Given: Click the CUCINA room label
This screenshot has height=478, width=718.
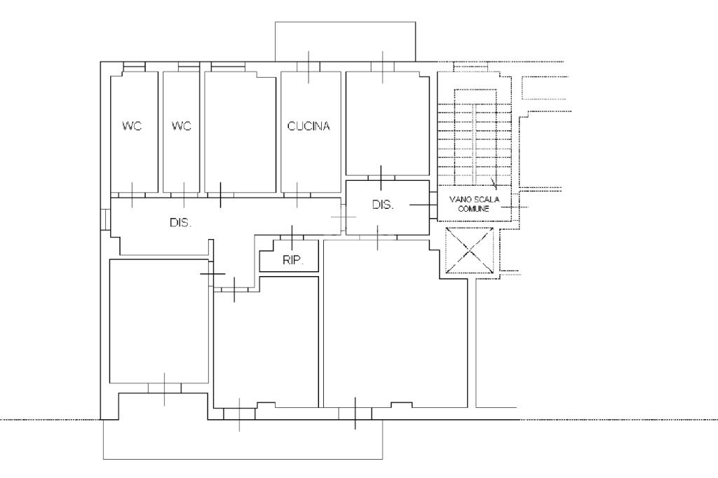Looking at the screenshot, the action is click(309, 126).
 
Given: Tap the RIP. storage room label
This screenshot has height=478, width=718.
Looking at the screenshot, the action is click(293, 261).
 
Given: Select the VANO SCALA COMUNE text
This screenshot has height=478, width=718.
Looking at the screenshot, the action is click(474, 204).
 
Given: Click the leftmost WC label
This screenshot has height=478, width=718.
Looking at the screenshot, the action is click(132, 125).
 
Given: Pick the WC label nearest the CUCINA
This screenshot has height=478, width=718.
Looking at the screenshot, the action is click(182, 125).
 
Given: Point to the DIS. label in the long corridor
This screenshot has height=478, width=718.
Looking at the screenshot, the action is click(180, 223).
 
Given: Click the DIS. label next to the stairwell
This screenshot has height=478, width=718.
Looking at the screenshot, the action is click(383, 205).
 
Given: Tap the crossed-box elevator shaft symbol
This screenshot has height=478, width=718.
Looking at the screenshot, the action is click(470, 250).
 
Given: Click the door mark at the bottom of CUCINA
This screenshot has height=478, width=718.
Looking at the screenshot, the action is click(297, 195).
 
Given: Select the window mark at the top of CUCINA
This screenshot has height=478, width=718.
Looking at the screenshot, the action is click(309, 67).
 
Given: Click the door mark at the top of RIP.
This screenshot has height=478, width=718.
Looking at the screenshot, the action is click(292, 237).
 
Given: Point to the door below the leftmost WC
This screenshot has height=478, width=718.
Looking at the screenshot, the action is click(133, 195).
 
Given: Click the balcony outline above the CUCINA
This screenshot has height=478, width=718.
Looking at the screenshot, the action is click(345, 22).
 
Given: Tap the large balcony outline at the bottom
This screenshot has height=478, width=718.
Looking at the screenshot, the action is click(243, 459).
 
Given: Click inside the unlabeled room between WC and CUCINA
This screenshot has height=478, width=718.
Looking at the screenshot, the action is click(240, 132).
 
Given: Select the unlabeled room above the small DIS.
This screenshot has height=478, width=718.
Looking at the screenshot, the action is click(387, 123).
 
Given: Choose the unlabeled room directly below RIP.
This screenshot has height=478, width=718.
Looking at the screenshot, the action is click(266, 341).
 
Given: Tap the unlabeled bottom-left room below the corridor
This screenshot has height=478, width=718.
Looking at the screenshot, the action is click(159, 320).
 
